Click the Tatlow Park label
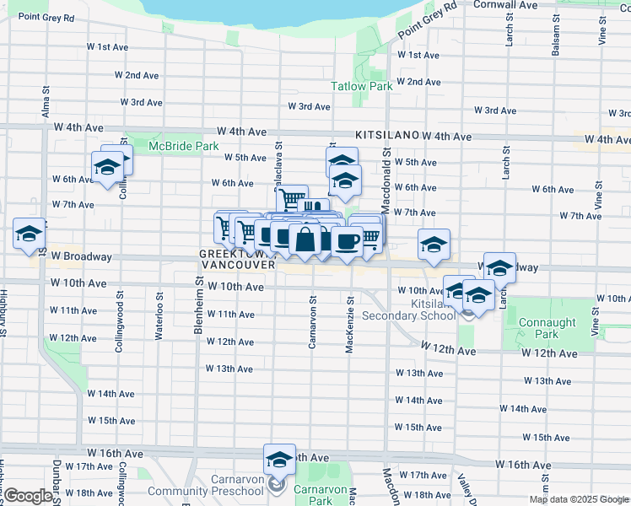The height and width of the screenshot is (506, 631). (x=361, y=86)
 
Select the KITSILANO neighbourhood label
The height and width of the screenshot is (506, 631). (x=387, y=134)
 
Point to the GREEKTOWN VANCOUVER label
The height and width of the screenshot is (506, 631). (x=238, y=259)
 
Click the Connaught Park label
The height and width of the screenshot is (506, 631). (x=547, y=328)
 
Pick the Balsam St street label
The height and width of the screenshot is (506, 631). (x=556, y=38)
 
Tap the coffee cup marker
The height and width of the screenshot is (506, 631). (x=347, y=241)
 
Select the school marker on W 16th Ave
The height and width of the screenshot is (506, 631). (x=279, y=460)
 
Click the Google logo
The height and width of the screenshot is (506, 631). (x=29, y=497)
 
